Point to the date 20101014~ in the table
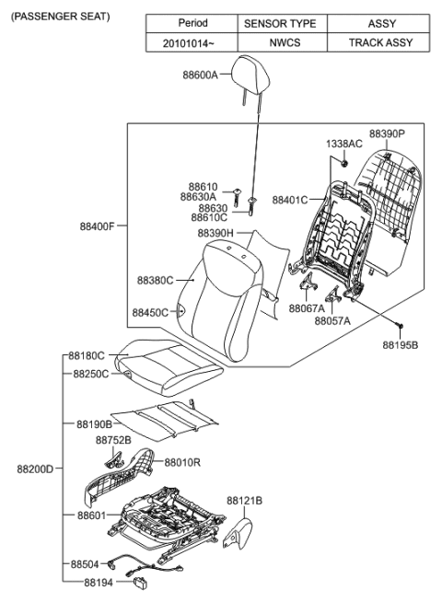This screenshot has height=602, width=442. tap(191, 43)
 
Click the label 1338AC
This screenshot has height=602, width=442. tap(343, 145)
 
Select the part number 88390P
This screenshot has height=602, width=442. tap(388, 133)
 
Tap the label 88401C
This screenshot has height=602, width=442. tap(291, 199)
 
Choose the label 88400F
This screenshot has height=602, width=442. tap(98, 225)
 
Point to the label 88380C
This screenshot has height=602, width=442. tap(156, 279)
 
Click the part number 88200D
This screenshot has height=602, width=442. tap(35, 469)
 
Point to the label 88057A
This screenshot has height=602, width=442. tap(332, 322)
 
